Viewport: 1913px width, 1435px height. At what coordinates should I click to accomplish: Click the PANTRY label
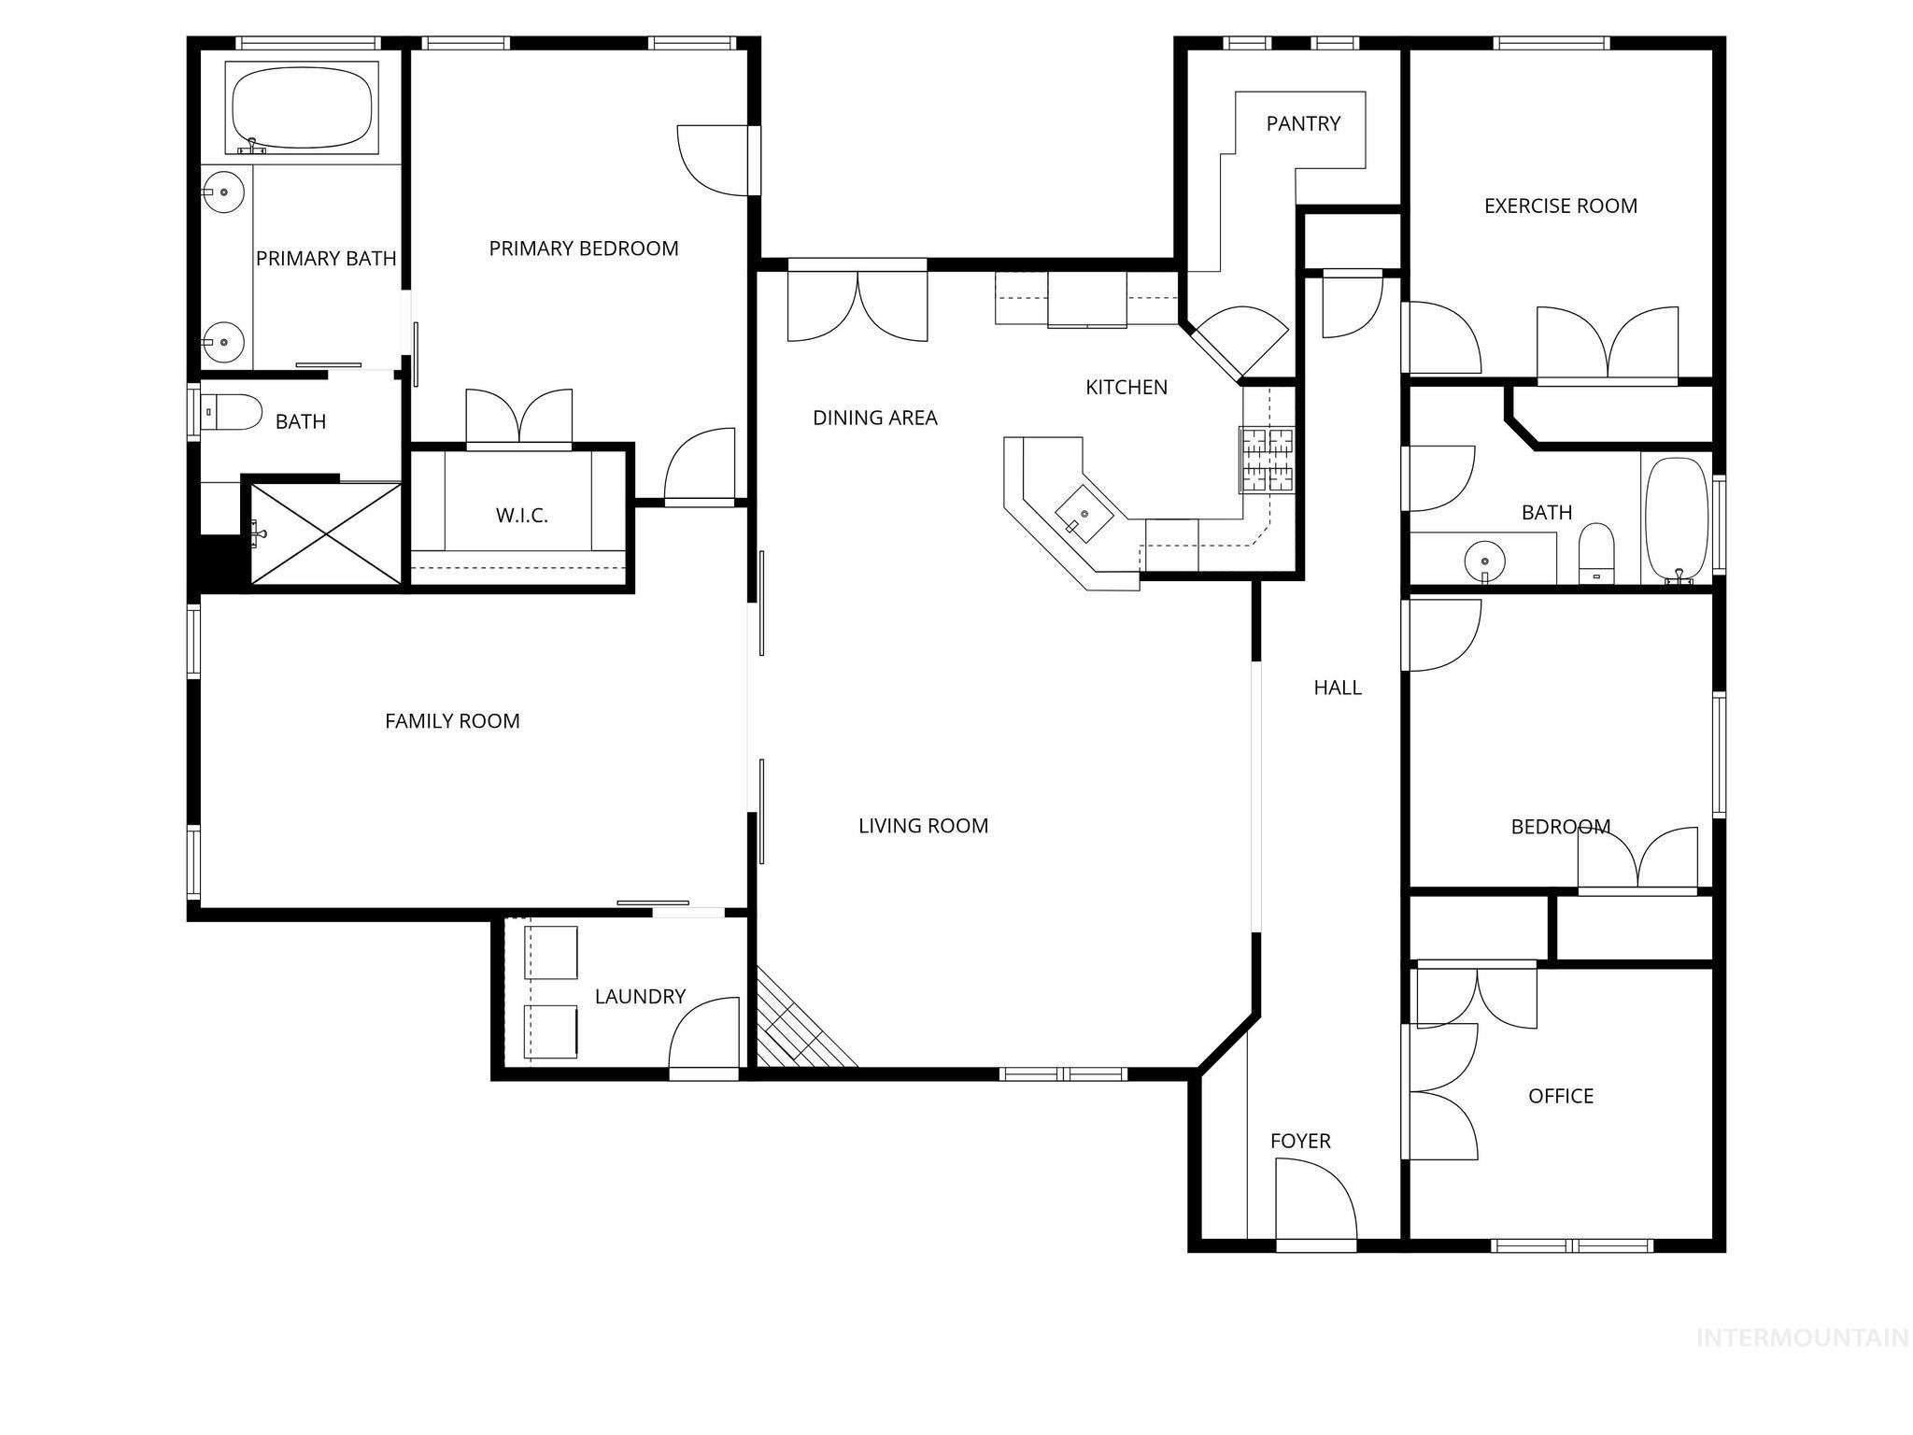1303,123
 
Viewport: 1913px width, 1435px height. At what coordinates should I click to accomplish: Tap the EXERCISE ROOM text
1560,206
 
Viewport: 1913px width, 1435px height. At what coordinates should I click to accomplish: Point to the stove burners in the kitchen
1267,459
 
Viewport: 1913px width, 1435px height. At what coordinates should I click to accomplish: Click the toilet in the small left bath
233,412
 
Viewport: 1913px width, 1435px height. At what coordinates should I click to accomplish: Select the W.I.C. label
521,515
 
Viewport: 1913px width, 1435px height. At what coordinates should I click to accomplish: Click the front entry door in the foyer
1315,1201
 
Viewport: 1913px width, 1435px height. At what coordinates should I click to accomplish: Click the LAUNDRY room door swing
704,1033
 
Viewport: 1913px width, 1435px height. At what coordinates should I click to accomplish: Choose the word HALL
1337,688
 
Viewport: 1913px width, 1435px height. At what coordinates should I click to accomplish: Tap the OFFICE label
1560,1096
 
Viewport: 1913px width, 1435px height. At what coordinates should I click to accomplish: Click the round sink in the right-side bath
1484,561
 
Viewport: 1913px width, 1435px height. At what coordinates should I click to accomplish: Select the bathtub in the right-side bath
1677,519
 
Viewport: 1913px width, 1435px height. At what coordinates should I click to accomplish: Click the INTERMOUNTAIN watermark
1801,1339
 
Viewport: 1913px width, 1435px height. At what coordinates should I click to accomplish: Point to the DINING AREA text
874,418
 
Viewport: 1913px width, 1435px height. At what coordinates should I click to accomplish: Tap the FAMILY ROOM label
452,721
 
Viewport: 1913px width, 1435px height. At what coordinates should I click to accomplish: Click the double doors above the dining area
857,305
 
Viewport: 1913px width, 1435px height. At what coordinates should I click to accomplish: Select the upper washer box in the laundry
551,952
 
